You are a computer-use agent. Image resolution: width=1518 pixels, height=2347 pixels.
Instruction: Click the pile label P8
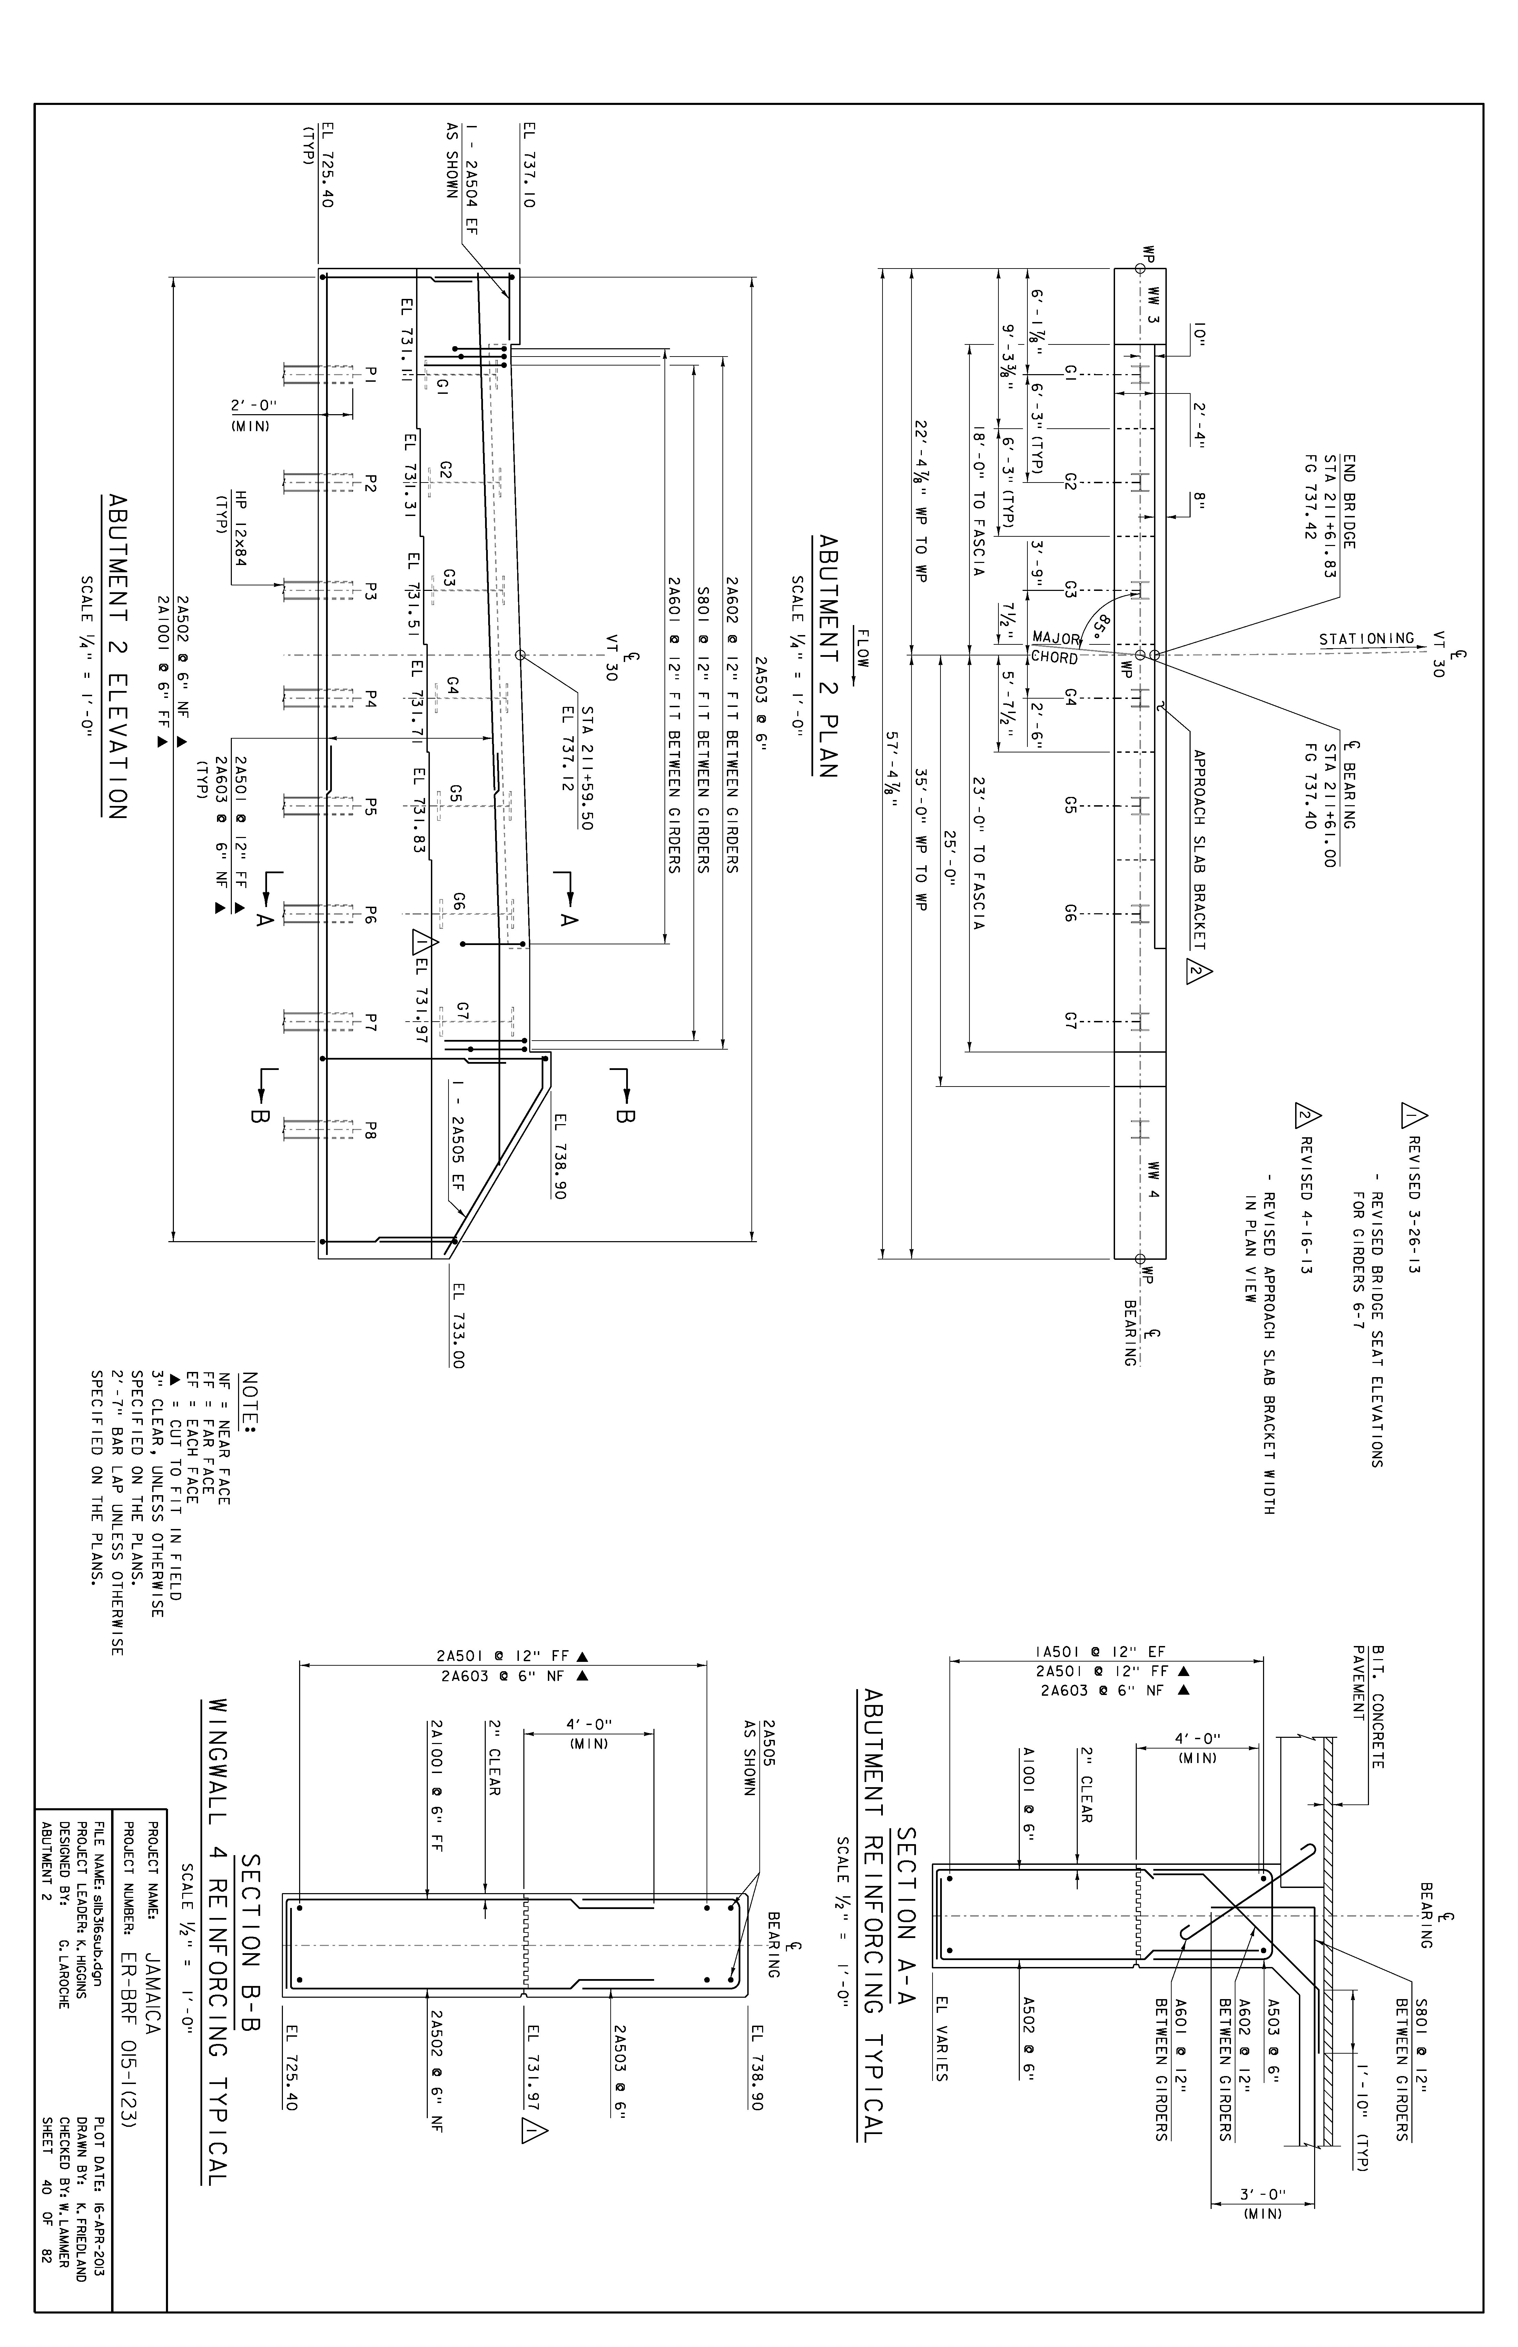(x=371, y=1127)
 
